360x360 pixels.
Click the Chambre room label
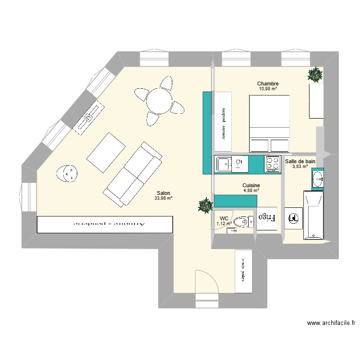point(268,84)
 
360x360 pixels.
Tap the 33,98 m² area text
point(163,198)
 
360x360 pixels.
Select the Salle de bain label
point(300,161)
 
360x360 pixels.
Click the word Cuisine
point(251,185)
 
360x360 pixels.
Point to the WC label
point(224,218)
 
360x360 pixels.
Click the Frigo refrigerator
point(267,217)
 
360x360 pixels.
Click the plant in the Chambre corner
point(315,74)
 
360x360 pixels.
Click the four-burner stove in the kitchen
point(272,164)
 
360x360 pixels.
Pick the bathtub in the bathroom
point(314,215)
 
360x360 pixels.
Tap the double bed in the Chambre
point(269,123)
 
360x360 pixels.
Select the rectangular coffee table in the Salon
point(106,152)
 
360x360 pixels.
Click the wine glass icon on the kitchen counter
point(237,164)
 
